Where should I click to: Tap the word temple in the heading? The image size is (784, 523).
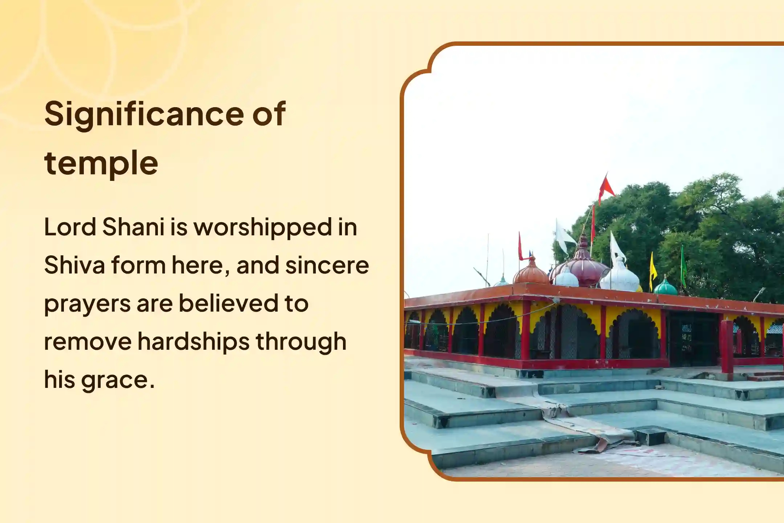point(101,163)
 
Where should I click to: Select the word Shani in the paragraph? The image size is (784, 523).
point(133,227)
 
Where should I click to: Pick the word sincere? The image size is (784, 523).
point(327,265)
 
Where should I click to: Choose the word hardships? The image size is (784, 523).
point(193,342)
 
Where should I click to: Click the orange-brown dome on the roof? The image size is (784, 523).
point(531,272)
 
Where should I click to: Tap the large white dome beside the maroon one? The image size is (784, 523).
point(620,277)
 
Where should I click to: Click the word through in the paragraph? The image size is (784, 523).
point(301,342)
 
